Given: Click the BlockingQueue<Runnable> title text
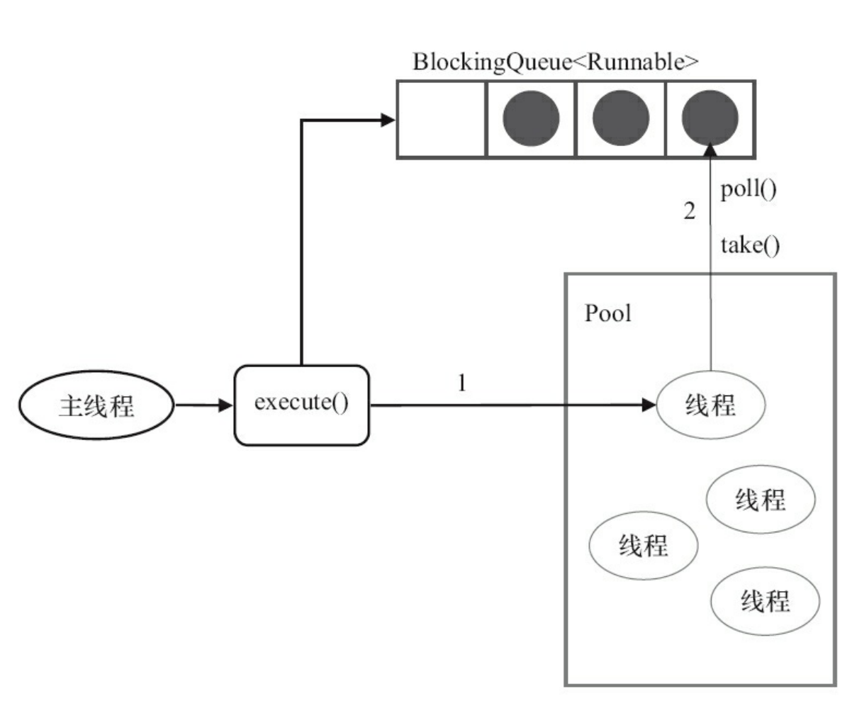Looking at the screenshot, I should (x=556, y=62).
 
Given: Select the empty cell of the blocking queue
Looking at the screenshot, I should (x=441, y=118).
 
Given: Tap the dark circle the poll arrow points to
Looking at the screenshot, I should (x=710, y=118).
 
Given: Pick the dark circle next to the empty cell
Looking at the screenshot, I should (x=531, y=118).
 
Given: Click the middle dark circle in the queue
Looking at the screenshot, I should (x=620, y=118).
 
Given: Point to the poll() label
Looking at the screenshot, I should (x=749, y=190).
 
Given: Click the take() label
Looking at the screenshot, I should (x=750, y=245).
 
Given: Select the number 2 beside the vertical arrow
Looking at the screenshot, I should (x=689, y=211).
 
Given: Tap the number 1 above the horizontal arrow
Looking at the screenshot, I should (x=462, y=384).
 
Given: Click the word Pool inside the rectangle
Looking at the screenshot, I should (x=607, y=313).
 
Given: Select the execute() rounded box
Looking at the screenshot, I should (x=302, y=405).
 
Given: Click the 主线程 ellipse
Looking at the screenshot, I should (x=96, y=406).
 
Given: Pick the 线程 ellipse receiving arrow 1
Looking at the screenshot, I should (x=710, y=405).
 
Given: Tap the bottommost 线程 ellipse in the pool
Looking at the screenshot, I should (x=765, y=601).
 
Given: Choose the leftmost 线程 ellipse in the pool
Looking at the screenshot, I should (x=644, y=545).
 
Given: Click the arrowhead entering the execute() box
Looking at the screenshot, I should (x=226, y=406).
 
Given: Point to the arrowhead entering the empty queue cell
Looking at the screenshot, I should (x=388, y=120).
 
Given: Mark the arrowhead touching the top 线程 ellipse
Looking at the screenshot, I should (x=649, y=405).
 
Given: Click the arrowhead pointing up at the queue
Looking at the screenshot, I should (x=710, y=147).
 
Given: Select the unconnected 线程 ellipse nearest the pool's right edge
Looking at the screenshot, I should (x=761, y=500).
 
